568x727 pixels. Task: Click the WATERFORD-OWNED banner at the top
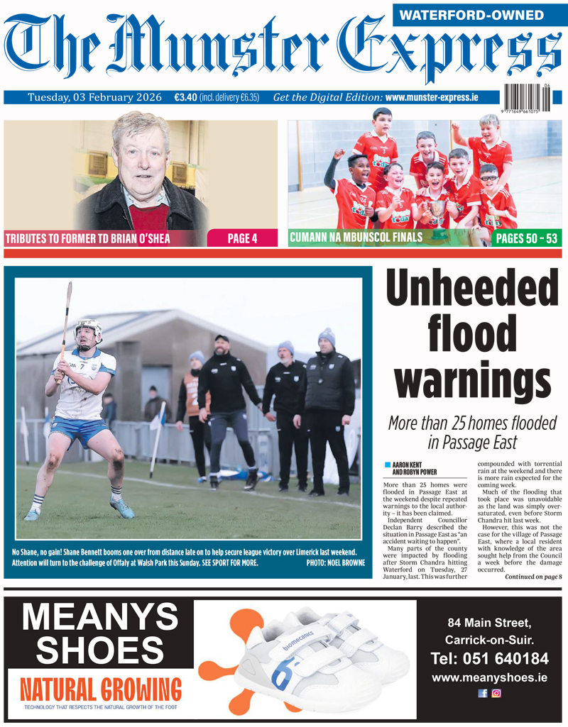point(481,15)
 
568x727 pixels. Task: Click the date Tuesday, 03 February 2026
point(94,97)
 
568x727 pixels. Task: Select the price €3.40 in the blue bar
point(185,97)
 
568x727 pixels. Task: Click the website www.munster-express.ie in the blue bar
point(431,97)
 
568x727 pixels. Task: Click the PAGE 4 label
point(242,238)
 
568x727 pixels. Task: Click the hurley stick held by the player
point(65,319)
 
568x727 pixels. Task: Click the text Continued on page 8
point(533,577)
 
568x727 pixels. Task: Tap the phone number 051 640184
point(490,659)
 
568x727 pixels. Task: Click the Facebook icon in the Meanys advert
point(483,693)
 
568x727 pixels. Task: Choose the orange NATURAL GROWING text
point(100,689)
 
